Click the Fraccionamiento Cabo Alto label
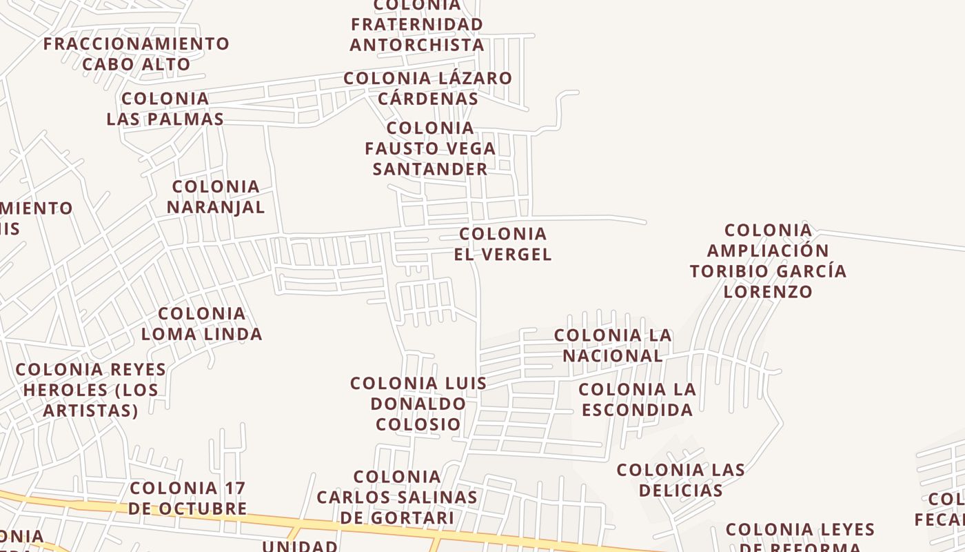[136, 54]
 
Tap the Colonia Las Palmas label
[165, 108]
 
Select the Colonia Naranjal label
[216, 197]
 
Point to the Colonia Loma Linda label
[202, 324]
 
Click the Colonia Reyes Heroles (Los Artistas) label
[90, 390]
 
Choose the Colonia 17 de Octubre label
[187, 498]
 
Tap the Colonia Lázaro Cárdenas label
[428, 88]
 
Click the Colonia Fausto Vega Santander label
[430, 148]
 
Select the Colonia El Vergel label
[502, 244]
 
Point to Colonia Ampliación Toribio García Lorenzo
[768, 260]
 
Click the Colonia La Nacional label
[613, 345]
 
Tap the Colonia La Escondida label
[637, 400]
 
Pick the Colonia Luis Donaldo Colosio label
[418, 403]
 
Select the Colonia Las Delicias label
[680, 480]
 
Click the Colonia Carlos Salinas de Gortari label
[397, 497]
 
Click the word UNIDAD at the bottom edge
[300, 546]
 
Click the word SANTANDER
[430, 169]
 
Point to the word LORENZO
[768, 291]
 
